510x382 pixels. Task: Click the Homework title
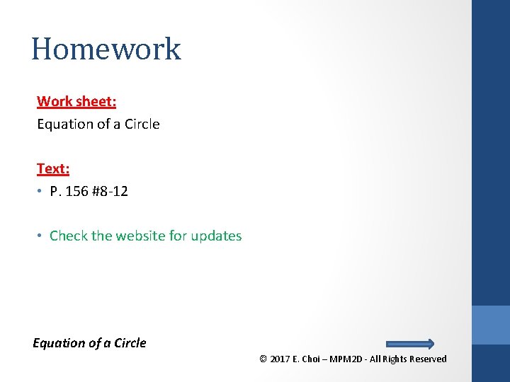(106, 49)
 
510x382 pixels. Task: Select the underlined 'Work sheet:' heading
(76, 101)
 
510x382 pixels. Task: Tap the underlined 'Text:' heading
(53, 168)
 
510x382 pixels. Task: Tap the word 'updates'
(214, 236)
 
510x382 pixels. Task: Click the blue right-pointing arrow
(409, 344)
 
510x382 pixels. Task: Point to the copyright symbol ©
(263, 359)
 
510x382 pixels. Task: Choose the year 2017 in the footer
(280, 359)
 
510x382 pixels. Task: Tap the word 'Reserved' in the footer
(428, 359)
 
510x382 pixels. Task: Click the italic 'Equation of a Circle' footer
(89, 343)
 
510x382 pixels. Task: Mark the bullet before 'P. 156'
(41, 192)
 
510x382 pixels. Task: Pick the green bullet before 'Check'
(41, 236)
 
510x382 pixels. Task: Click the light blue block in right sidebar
(491, 325)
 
